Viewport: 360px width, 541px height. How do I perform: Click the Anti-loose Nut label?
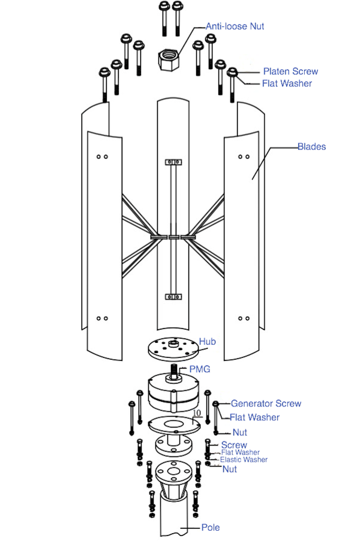click(235, 26)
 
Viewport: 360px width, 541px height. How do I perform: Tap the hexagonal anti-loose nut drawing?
click(168, 59)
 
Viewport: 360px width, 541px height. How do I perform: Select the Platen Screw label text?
click(290, 71)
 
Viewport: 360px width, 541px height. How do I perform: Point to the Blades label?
click(312, 147)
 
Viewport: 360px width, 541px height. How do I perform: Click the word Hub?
click(207, 342)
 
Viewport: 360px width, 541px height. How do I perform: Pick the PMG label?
click(200, 369)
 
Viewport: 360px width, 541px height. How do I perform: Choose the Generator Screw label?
click(266, 403)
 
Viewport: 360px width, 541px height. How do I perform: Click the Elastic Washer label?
click(244, 459)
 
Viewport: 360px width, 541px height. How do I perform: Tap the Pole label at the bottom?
click(211, 528)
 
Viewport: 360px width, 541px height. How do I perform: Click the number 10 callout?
click(197, 413)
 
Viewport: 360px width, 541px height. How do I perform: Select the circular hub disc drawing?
click(173, 350)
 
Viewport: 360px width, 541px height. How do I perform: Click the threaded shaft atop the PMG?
click(174, 372)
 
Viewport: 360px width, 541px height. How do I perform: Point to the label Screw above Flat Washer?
click(234, 445)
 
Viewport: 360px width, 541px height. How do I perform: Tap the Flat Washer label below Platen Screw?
click(287, 83)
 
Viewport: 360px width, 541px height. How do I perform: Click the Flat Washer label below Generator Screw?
click(254, 417)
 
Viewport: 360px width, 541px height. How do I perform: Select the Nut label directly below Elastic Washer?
click(230, 469)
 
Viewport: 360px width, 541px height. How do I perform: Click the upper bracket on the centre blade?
click(173, 162)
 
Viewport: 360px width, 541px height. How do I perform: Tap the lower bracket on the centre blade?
click(173, 297)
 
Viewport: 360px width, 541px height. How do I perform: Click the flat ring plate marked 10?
click(174, 425)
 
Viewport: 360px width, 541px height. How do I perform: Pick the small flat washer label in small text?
click(241, 452)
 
